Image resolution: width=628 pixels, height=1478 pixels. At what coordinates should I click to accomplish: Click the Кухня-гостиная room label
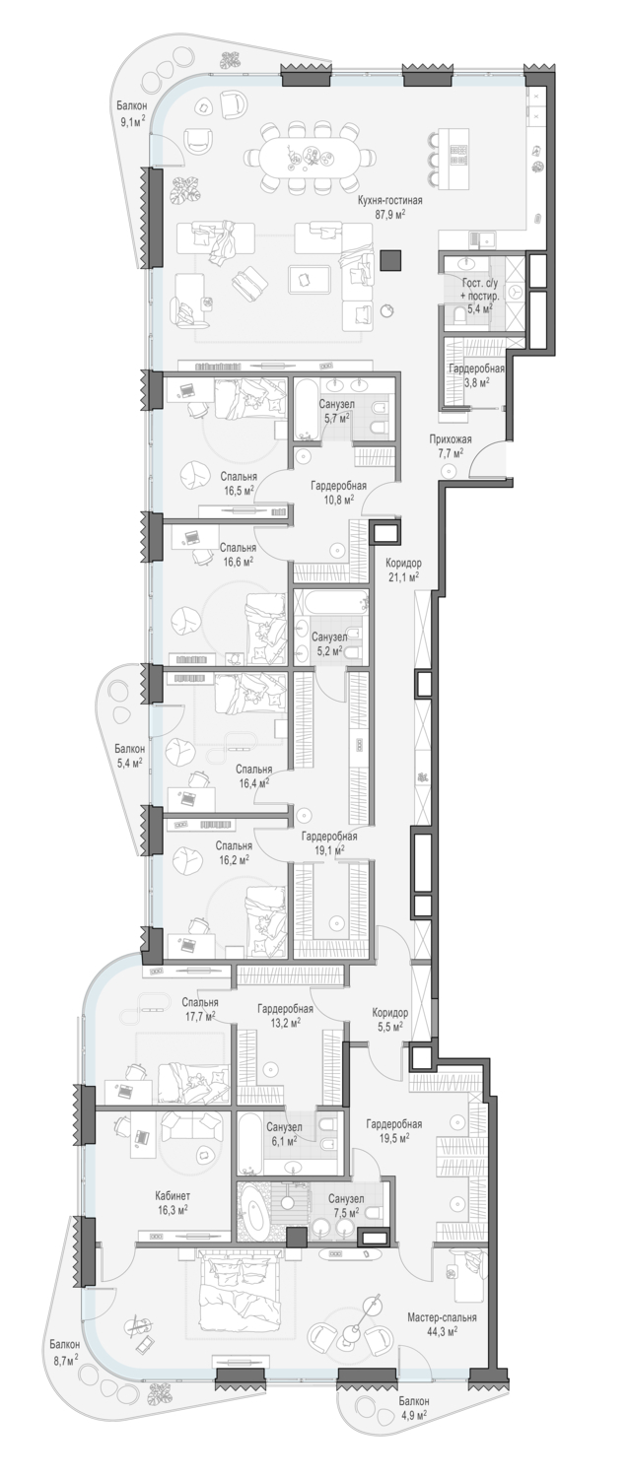pos(389,201)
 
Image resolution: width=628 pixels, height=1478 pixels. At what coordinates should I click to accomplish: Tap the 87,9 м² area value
pos(389,214)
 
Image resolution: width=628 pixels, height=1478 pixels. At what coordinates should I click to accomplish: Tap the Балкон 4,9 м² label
pos(413,1420)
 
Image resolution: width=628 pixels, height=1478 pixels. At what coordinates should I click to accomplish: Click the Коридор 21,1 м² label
pos(403,570)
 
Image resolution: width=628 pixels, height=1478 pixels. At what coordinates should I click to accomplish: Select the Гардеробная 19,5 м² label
pos(394,1130)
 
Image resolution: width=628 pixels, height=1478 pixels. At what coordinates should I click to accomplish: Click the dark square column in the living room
pos(390,260)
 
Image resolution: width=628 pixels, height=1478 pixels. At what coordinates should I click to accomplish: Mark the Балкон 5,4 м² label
pos(129,756)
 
